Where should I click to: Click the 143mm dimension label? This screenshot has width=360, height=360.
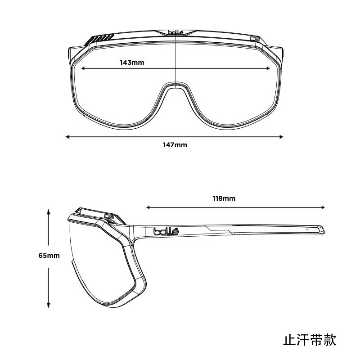click(132, 62)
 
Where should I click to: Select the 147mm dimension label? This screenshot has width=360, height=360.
click(175, 145)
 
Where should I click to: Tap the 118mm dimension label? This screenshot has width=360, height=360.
click(224, 198)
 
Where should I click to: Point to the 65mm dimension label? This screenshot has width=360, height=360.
click(49, 256)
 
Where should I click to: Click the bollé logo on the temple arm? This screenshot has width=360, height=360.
click(166, 231)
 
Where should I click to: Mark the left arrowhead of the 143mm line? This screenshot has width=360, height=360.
click(82, 68)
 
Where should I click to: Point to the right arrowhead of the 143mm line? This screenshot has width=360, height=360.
click(269, 68)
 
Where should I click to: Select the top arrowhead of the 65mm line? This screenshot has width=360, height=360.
click(49, 211)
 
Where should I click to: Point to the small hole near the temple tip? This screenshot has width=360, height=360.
click(307, 229)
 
